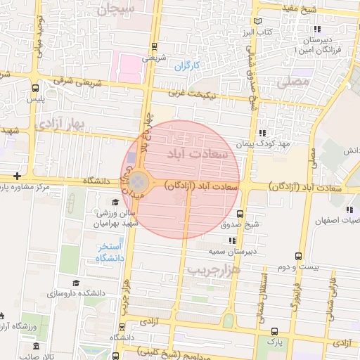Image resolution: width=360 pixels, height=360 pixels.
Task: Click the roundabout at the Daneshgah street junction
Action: [139, 181]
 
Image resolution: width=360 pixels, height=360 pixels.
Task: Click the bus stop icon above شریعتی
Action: [154, 47]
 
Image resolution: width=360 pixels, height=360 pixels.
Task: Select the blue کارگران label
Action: [188, 66]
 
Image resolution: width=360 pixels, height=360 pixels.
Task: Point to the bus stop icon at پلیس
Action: [36, 89]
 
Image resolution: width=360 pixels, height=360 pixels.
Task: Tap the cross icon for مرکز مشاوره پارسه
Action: [16, 176]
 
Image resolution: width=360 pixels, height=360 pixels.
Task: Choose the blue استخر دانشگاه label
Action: [110, 253]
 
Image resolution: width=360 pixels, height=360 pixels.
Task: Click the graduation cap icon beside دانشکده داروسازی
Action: [75, 283]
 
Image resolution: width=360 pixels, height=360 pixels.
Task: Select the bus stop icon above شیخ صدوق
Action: [240, 214]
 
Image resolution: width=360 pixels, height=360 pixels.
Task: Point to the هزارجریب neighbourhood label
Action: [214, 269]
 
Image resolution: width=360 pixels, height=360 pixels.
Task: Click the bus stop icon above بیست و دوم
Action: [299, 257]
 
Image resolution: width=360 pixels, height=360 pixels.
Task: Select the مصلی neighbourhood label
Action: [293, 82]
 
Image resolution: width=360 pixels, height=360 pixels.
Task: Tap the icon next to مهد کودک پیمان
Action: [262, 132]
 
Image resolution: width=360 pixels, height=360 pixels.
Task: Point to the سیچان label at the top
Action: [116, 10]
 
